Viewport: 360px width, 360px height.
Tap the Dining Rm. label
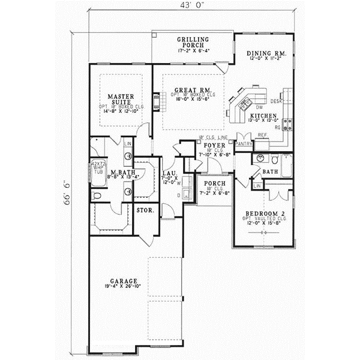(267, 54)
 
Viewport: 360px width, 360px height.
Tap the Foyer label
(214, 146)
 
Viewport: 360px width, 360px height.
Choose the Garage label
(124, 281)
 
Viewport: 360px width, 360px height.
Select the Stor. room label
(145, 211)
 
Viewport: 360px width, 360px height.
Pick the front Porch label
(214, 184)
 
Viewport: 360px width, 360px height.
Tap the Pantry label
(244, 144)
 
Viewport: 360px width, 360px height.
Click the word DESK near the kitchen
(276, 101)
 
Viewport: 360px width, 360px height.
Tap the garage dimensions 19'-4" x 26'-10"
(125, 287)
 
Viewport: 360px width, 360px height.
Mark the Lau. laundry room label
(169, 174)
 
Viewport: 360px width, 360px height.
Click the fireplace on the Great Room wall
(157, 100)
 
